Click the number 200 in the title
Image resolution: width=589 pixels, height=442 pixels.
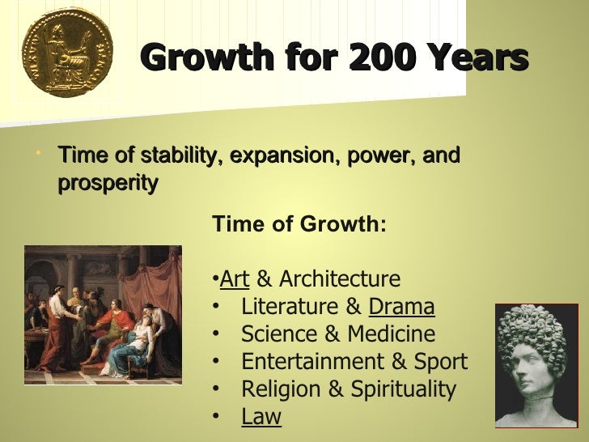tap(385, 57)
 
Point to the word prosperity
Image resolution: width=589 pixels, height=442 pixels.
tap(108, 183)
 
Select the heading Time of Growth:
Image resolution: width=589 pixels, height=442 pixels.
tap(299, 224)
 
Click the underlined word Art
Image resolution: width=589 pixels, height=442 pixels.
tap(235, 279)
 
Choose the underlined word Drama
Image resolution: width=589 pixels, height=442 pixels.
tap(401, 307)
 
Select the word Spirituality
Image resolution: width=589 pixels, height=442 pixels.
tap(397, 389)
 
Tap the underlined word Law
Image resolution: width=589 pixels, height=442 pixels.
tap(261, 417)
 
